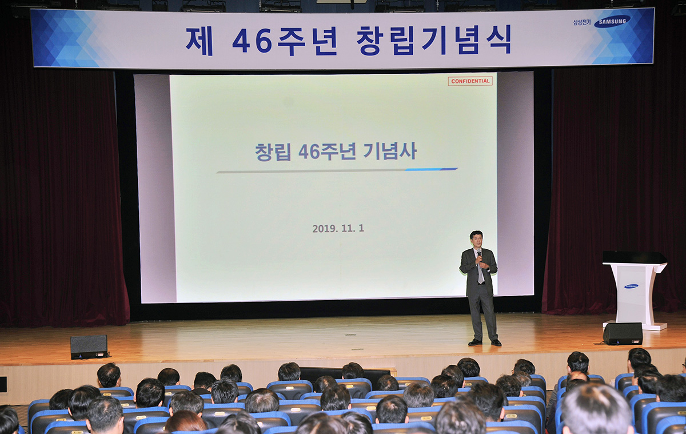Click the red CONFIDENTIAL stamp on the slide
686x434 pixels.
[470, 81]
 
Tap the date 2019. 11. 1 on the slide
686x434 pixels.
[338, 228]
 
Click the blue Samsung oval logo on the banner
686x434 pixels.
[612, 22]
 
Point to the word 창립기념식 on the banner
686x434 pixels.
[434, 40]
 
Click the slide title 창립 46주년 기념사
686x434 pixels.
[336, 152]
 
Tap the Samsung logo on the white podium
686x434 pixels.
[631, 286]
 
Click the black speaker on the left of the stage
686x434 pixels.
[89, 347]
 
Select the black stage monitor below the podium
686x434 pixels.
[623, 333]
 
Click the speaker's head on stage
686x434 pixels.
[477, 238]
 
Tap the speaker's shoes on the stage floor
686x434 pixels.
[485, 342]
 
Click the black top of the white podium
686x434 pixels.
[634, 257]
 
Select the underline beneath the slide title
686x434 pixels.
[337, 170]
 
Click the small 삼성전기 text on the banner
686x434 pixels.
[581, 22]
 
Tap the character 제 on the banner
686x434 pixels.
[199, 41]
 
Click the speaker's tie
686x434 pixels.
[481, 270]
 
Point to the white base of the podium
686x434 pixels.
[635, 325]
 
